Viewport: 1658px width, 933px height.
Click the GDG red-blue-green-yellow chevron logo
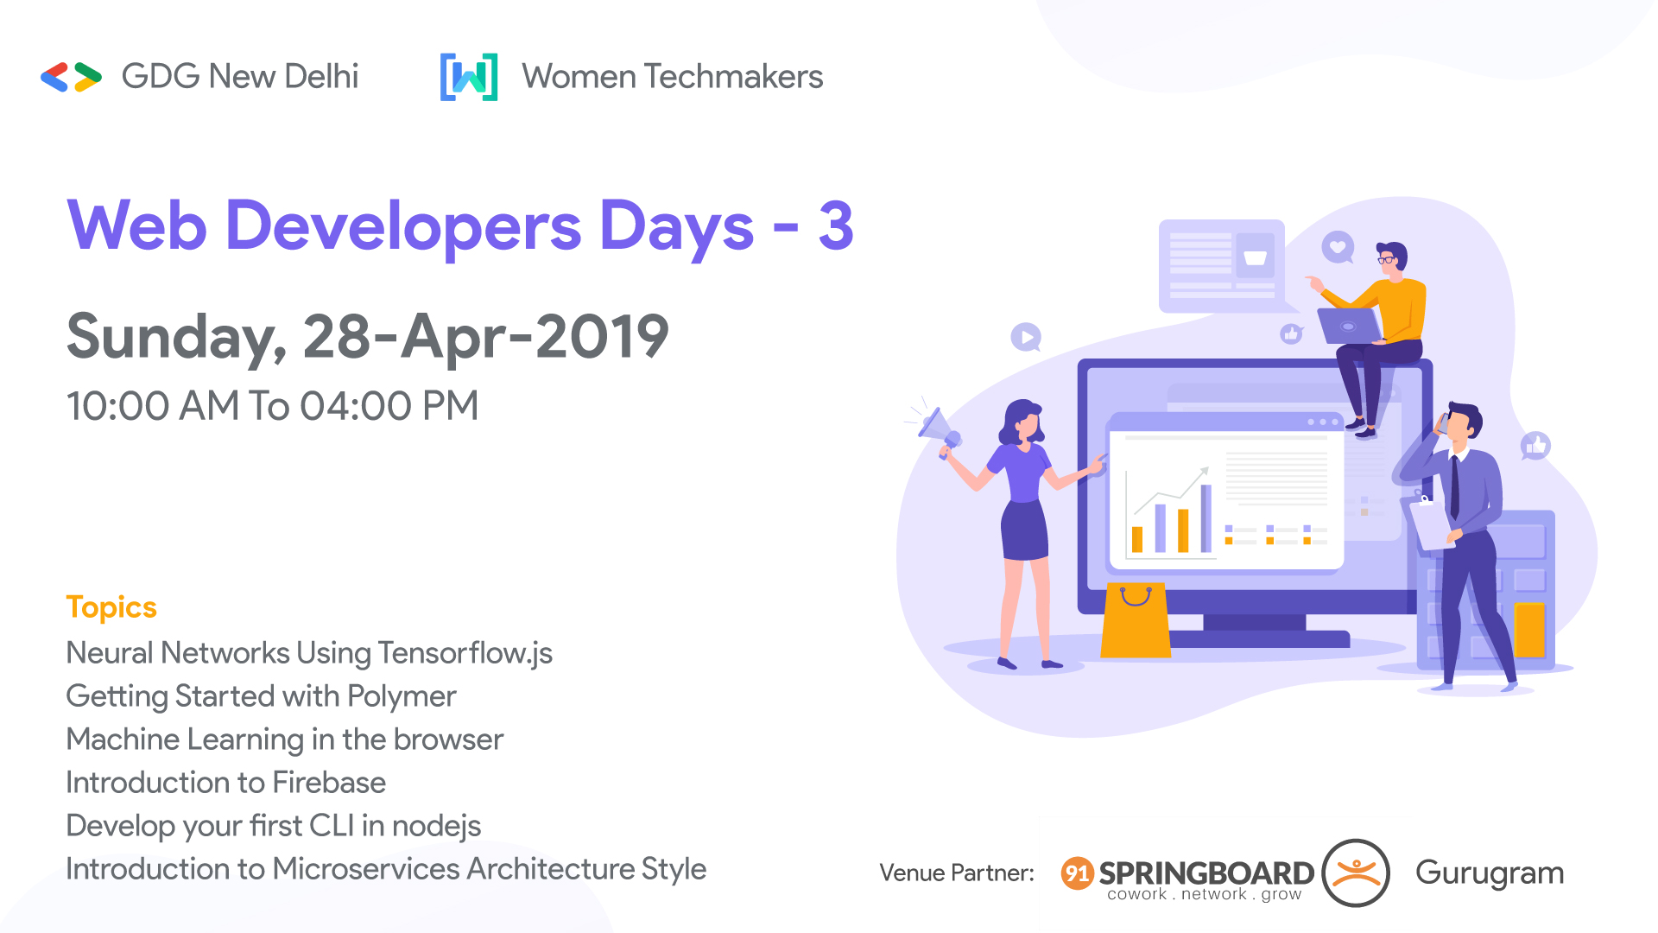[71, 77]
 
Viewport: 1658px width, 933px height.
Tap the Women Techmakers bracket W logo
[469, 77]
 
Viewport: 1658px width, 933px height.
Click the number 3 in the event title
[835, 226]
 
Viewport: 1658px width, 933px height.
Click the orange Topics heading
[111, 607]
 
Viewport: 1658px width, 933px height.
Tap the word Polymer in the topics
[402, 696]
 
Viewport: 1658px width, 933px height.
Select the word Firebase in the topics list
[329, 783]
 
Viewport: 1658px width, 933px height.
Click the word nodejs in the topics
[436, 827]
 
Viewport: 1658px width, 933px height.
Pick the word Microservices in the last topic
[365, 869]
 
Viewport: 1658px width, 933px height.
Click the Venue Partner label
[957, 873]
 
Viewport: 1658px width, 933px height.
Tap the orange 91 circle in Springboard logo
[1077, 873]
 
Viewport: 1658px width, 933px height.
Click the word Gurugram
[1489, 873]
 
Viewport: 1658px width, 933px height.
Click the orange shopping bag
[1135, 620]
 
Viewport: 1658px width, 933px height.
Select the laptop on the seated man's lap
[1349, 326]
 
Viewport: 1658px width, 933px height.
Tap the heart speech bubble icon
[1338, 247]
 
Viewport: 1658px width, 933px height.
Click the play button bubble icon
[1026, 337]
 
